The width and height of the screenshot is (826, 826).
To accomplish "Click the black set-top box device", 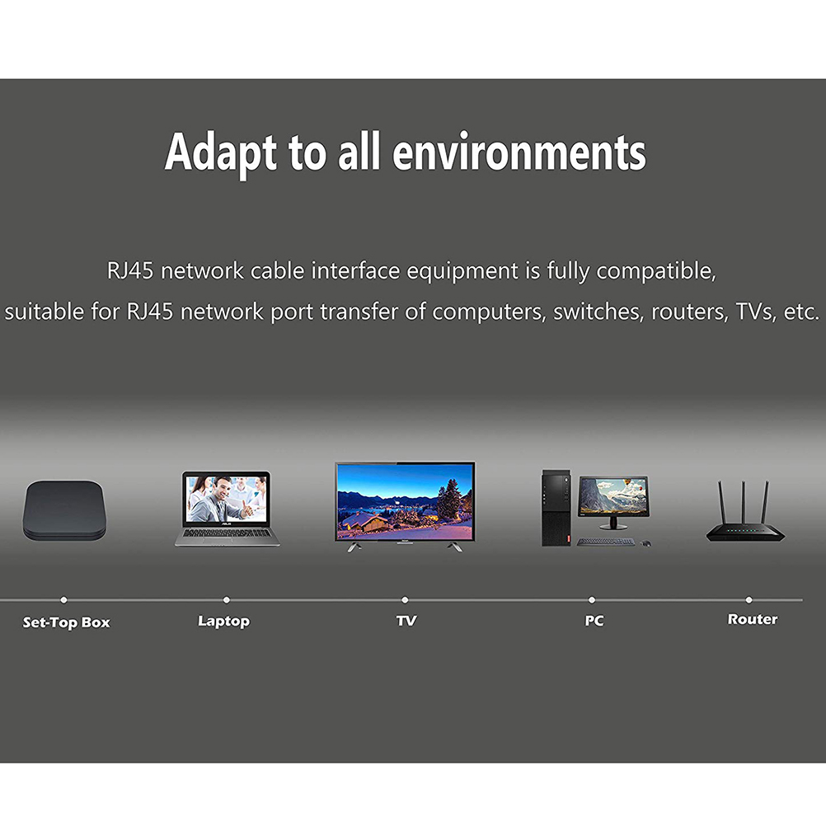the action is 64,510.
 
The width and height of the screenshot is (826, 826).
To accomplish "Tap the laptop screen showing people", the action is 227,500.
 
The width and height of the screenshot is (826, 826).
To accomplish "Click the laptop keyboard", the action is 227,533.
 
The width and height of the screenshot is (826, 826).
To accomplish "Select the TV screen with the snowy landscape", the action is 405,501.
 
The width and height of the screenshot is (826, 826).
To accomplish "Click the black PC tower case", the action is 556,508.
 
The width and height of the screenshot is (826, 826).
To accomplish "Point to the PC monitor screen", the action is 613,495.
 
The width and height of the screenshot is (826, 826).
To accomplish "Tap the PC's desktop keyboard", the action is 606,542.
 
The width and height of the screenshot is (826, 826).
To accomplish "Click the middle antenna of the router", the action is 744,503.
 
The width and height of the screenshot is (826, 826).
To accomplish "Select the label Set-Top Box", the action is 67,622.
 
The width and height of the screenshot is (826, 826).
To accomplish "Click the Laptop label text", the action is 224,621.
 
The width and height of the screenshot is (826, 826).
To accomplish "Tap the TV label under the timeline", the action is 406,621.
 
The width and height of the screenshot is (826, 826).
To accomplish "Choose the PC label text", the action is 594,621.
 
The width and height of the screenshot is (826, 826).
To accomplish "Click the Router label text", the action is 753,619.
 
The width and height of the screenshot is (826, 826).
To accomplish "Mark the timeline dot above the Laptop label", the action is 227,599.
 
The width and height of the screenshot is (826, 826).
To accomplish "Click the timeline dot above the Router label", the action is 749,599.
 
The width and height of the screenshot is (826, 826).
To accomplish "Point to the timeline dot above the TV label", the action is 405,599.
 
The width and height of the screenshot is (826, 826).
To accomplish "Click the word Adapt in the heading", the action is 221,153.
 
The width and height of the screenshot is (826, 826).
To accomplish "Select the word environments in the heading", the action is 519,153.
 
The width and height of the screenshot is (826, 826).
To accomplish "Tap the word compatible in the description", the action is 656,271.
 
